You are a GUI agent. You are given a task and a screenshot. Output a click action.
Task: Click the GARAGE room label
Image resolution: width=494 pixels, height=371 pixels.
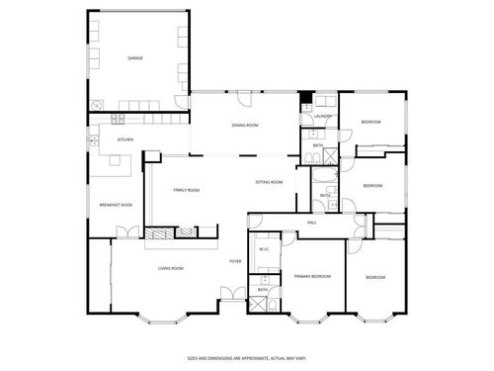[135, 58]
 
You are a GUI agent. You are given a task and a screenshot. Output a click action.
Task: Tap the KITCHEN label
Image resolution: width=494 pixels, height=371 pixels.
[125, 139]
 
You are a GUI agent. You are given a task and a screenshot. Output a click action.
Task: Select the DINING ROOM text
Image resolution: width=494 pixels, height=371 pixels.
[245, 126]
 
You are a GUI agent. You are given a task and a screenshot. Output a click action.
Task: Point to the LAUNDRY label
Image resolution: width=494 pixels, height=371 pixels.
[321, 117]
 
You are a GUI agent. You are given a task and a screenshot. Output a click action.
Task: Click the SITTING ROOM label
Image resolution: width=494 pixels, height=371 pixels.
[269, 182]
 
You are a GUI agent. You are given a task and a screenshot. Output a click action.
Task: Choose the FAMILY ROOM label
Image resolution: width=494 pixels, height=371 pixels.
[186, 190]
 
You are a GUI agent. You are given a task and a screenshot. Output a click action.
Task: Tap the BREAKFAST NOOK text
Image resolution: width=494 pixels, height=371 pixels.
[116, 205]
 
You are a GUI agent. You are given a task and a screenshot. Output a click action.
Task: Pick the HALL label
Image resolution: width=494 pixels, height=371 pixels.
[311, 224]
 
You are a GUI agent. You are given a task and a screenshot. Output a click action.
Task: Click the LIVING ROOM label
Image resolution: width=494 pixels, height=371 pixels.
[171, 268]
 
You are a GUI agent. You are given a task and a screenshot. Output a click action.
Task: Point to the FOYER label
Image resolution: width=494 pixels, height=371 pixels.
[235, 261]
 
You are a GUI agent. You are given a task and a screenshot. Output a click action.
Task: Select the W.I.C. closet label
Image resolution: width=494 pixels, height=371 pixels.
[264, 249]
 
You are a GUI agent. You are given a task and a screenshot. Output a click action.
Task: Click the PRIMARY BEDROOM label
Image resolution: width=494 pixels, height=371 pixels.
[312, 277]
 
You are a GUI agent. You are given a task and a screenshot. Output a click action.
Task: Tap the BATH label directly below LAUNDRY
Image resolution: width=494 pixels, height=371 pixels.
[318, 145]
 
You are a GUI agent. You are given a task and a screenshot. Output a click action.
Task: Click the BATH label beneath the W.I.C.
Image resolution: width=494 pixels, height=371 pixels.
[263, 290]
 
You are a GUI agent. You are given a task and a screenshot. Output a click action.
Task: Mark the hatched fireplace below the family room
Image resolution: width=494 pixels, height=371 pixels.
[158, 233]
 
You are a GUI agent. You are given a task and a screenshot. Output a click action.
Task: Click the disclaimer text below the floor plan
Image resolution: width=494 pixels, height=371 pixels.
[246, 359]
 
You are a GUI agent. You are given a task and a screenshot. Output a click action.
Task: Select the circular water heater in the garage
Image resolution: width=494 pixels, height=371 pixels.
[97, 105]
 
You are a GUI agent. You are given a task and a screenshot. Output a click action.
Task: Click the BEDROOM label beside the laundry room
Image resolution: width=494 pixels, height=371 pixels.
[370, 122]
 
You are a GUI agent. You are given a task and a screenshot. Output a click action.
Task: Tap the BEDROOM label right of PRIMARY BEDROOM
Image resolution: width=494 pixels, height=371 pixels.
[375, 277]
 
